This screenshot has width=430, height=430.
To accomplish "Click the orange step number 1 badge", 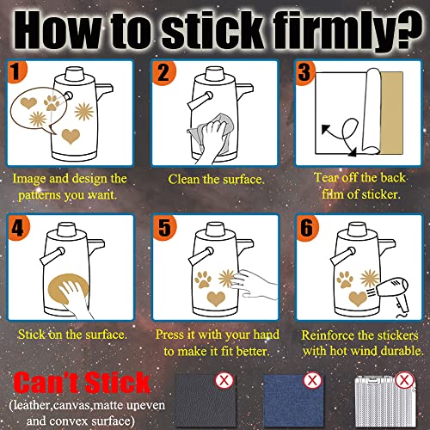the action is pos(16,71).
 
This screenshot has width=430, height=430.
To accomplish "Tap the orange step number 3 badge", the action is pos(305,72).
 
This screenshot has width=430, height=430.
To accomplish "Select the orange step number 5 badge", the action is pos(164,227).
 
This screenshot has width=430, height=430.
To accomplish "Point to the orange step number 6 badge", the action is pos(307,228).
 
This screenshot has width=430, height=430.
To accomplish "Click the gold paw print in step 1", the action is pos(52,103).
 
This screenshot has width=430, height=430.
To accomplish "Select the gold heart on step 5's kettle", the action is pos(216,298).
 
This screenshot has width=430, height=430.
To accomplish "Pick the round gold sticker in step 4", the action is pos(68,289).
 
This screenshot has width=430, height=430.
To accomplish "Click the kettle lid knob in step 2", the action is pos(214,74).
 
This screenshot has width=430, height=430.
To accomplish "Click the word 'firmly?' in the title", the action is pos(347,31).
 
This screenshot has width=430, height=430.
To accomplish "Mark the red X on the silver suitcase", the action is pos(404,380).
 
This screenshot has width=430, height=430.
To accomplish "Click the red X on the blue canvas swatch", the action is pos(312,380).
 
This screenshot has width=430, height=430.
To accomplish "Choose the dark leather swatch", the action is pos(206,402).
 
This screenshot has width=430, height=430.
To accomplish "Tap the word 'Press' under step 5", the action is pos(169,335).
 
